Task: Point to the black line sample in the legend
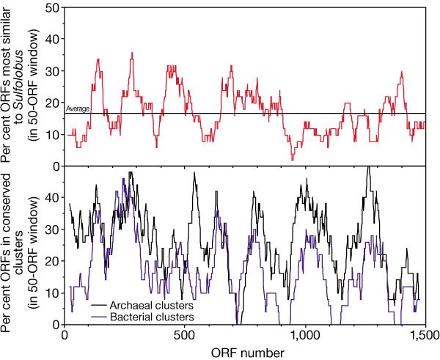pyautogui.click(x=82, y=306)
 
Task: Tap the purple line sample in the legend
pyautogui.click(x=82, y=317)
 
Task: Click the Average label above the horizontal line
pyautogui.click(x=78, y=109)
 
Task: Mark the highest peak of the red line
pyautogui.click(x=131, y=53)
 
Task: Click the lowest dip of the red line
pyautogui.click(x=293, y=159)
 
